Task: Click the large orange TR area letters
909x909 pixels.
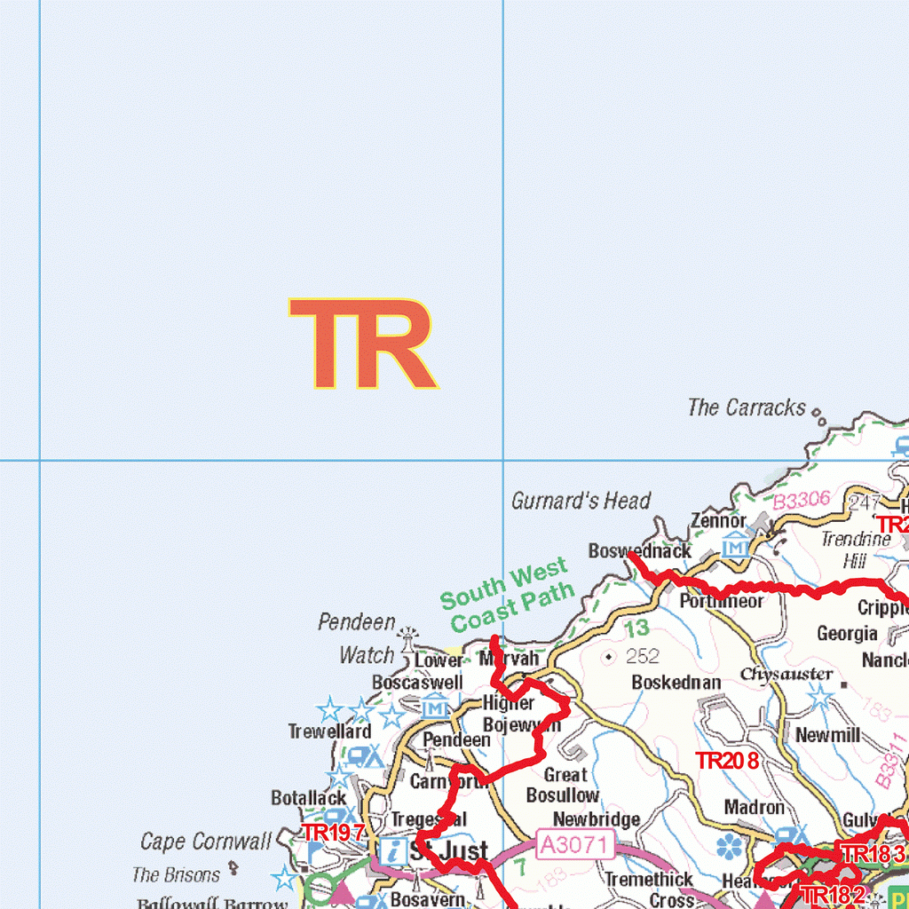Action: pyautogui.click(x=362, y=344)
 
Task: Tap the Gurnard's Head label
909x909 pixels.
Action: pyautogui.click(x=581, y=501)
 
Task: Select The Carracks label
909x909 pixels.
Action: pyautogui.click(x=747, y=407)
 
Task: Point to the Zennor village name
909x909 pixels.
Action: pyautogui.click(x=718, y=521)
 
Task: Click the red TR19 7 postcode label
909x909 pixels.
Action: pyautogui.click(x=333, y=833)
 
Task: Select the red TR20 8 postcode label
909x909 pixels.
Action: pyautogui.click(x=727, y=761)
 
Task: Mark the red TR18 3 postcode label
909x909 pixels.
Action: pyautogui.click(x=873, y=855)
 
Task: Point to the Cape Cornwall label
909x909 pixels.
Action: pyautogui.click(x=206, y=842)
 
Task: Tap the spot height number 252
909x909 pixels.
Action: pyautogui.click(x=643, y=657)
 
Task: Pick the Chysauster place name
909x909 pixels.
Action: pyautogui.click(x=786, y=675)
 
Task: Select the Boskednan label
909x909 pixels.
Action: pyautogui.click(x=676, y=683)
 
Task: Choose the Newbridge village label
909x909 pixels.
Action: pyautogui.click(x=597, y=819)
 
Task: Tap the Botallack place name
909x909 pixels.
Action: pyautogui.click(x=309, y=798)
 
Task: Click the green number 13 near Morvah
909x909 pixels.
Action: pyautogui.click(x=636, y=628)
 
